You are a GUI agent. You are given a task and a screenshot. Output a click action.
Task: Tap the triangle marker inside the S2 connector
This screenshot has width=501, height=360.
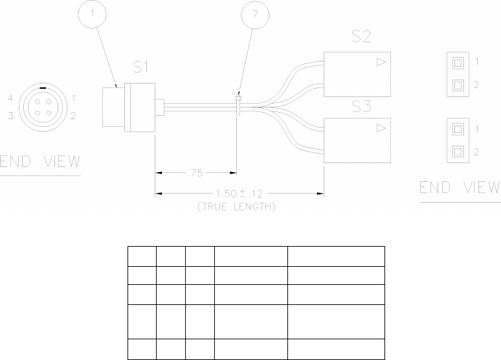381,62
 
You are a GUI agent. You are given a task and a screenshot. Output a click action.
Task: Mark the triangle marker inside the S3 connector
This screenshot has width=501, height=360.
381,129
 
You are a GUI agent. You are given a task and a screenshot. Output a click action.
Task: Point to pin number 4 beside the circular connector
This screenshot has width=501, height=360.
11,98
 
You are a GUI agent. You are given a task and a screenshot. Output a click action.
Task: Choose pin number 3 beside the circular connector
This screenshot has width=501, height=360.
11,116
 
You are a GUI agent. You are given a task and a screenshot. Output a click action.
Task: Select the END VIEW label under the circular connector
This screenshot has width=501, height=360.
40,162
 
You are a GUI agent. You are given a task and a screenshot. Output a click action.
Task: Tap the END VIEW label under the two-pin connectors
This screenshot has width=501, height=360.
460,188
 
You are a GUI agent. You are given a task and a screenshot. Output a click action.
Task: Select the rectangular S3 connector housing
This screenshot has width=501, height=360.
356,139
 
